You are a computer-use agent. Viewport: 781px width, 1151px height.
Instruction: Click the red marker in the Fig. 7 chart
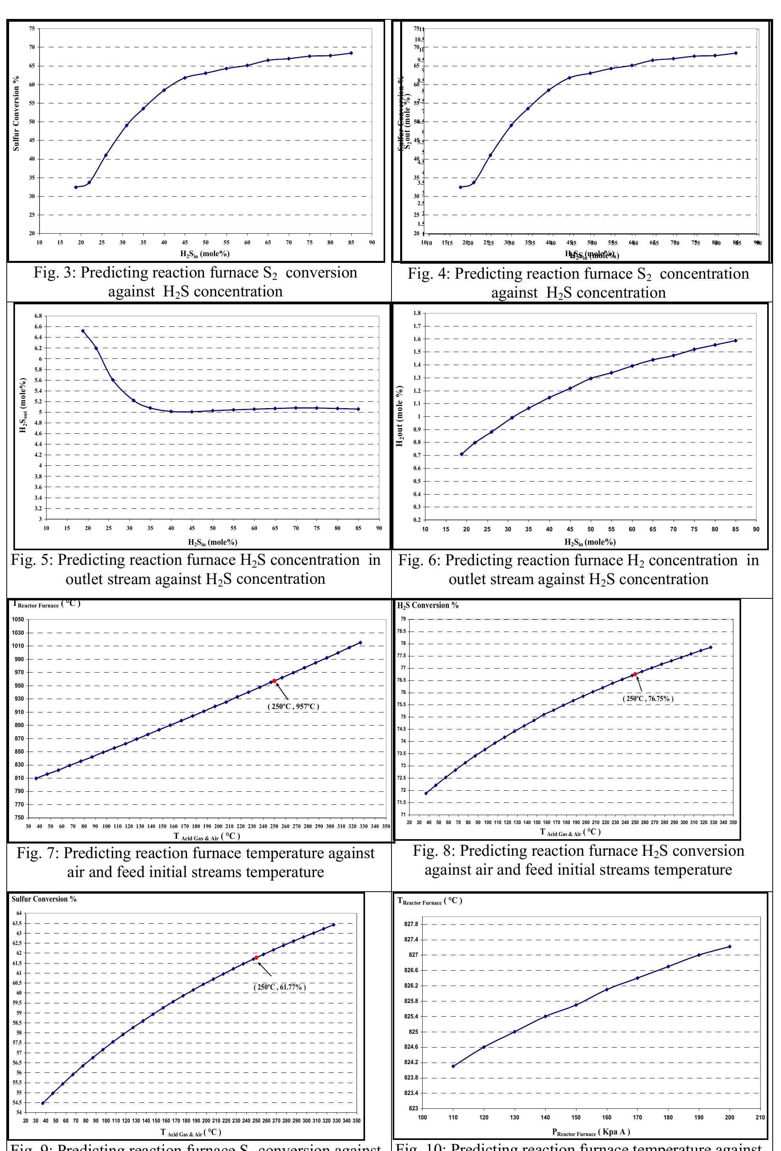coord(274,681)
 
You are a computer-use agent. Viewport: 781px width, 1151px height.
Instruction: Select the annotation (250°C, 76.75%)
coord(648,699)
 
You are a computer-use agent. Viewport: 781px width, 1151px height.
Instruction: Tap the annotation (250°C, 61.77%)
coord(280,987)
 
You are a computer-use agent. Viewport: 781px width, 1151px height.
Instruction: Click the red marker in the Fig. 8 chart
coord(635,674)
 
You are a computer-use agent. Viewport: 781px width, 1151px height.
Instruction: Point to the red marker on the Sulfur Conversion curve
coord(256,958)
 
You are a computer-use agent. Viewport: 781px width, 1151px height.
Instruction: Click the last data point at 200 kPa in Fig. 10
coord(729,947)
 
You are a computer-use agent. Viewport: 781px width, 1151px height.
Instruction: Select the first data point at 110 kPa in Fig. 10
coord(453,1066)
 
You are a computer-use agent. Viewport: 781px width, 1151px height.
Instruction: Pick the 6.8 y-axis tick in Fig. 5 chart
coord(38,316)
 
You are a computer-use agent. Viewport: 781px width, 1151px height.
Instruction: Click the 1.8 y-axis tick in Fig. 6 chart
coord(416,313)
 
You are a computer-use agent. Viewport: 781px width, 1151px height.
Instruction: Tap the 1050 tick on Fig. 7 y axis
coord(18,620)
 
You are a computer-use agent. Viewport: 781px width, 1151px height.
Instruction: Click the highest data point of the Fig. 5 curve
coord(83,331)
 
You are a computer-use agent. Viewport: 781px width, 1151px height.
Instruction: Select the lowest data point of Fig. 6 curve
coord(462,454)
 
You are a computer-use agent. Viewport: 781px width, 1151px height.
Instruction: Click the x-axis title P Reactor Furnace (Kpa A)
coord(591,1132)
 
